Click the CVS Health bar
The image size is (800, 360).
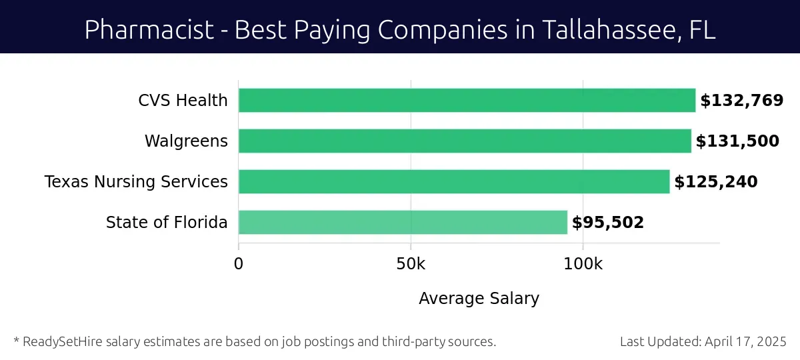[467, 101]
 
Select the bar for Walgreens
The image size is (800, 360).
[465, 141]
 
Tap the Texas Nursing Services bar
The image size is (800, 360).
[454, 181]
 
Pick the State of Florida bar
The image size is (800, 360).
[403, 222]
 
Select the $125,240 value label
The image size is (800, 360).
[716, 182]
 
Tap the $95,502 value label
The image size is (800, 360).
[608, 223]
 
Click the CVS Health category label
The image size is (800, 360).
[183, 101]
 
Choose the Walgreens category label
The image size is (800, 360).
[186, 141]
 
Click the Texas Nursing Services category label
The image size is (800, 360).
[136, 182]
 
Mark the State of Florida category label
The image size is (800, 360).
[167, 223]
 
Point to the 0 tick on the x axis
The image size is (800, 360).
[239, 263]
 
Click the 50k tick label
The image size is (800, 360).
[411, 263]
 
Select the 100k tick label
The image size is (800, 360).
[583, 263]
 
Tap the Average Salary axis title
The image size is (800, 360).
[479, 298]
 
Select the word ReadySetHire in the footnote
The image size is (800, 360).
[57, 341]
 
